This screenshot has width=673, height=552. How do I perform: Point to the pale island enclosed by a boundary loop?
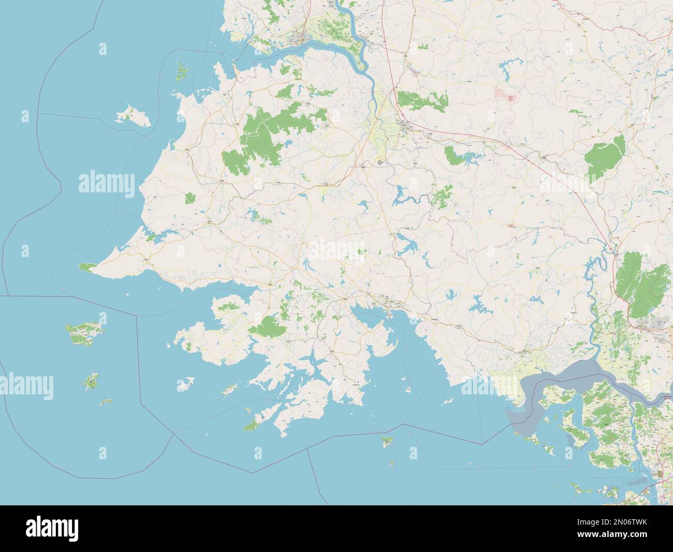point(131,115)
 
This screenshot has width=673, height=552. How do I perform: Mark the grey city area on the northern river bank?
point(298,38)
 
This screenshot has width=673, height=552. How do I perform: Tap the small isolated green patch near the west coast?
point(190,197)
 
